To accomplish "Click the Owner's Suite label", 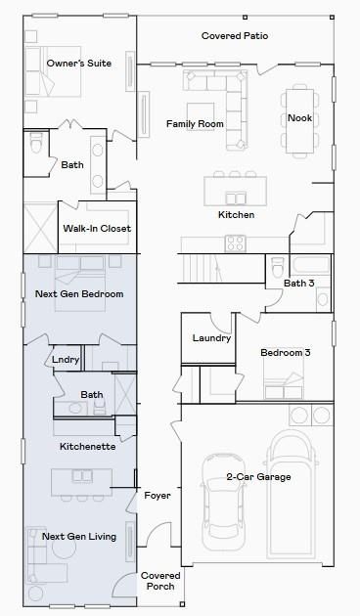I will pyautogui.click(x=79, y=64).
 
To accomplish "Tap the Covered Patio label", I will pyautogui.click(x=235, y=36).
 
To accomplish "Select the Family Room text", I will pyautogui.click(x=195, y=124).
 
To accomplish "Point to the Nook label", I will pyautogui.click(x=299, y=118).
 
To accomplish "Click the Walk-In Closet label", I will pyautogui.click(x=97, y=229).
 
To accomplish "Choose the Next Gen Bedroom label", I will pyautogui.click(x=79, y=294).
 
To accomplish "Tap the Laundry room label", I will pyautogui.click(x=211, y=338).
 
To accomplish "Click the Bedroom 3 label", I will pyautogui.click(x=286, y=353).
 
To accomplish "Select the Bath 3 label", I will pyautogui.click(x=299, y=284).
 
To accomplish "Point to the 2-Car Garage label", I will pyautogui.click(x=259, y=477).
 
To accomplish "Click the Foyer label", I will pyautogui.click(x=157, y=496).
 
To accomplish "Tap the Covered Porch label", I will pyautogui.click(x=159, y=581).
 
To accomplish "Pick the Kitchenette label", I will pyautogui.click(x=87, y=447).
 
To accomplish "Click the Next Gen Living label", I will pyautogui.click(x=79, y=537).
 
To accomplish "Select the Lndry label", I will pyautogui.click(x=66, y=360).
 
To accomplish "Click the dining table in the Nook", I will pyautogui.click(x=299, y=119).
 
